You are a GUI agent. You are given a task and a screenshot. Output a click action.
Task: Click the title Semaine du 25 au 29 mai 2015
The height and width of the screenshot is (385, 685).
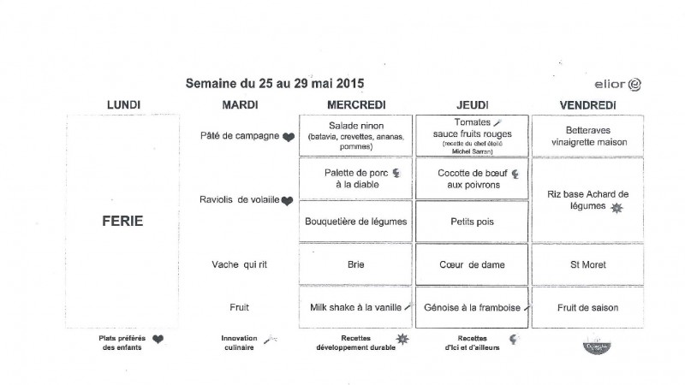[275, 84]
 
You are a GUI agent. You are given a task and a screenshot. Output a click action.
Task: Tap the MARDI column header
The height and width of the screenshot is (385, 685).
[241, 105]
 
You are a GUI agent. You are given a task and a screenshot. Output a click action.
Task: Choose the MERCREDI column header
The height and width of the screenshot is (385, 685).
[355, 105]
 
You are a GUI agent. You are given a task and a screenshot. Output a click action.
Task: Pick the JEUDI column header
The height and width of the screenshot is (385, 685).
[472, 105]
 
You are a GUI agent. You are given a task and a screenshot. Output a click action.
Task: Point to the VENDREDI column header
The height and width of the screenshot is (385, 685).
[590, 105]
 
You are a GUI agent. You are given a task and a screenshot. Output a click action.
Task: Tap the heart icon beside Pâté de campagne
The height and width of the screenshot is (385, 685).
[289, 137]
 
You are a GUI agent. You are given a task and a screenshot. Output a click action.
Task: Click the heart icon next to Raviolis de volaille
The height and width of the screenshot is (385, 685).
[288, 201]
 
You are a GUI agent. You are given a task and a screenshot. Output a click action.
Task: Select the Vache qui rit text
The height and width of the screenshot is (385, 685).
[240, 264]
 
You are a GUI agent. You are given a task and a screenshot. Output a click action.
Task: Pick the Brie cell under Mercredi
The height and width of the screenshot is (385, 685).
[355, 264]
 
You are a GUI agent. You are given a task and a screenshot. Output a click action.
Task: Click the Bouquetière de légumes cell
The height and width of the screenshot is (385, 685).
[355, 221]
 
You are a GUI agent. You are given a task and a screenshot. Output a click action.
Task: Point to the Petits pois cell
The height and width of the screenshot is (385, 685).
[472, 221]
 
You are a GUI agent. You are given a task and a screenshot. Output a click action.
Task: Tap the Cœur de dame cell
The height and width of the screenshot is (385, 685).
[472, 264]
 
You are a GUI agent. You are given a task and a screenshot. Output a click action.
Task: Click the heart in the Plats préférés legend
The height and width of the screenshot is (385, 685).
[158, 339]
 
